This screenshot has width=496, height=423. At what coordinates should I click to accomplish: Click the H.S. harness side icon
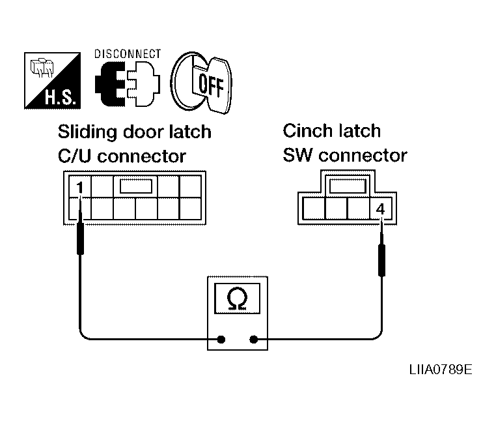pos(52,81)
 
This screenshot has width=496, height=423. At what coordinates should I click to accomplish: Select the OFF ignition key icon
pos(200,82)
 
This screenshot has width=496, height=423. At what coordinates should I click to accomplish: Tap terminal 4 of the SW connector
pos(380,209)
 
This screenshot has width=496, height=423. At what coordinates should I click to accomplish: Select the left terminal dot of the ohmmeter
pos(221,339)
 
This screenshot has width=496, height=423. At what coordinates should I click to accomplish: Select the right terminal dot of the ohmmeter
pos(255,339)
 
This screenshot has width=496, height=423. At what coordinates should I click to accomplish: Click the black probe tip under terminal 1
pos(80,238)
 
